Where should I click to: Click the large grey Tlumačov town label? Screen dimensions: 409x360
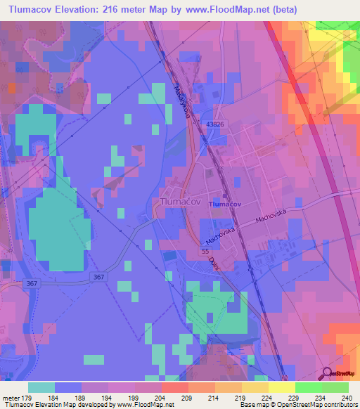(181, 200)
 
